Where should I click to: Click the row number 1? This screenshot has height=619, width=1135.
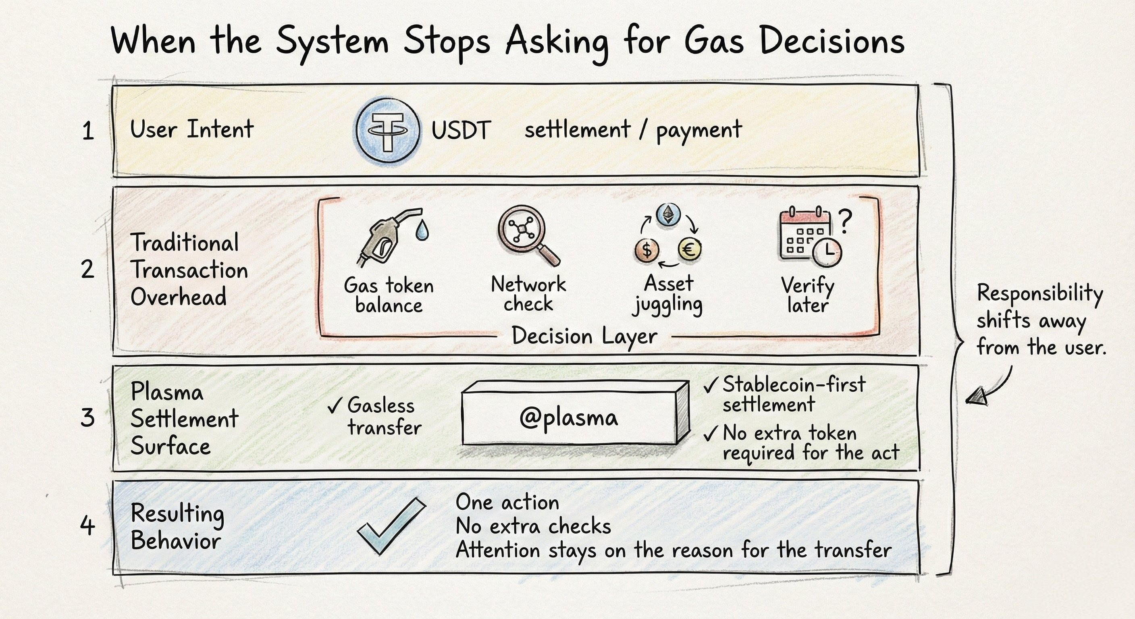coord(88,131)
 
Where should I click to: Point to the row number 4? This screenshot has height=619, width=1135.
coord(88,526)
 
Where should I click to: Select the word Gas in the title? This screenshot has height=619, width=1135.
coord(714,42)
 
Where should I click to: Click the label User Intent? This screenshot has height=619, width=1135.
coord(192,129)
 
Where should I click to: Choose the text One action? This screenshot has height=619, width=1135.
coord(507,503)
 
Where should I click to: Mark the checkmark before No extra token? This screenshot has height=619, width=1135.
coord(710,434)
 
